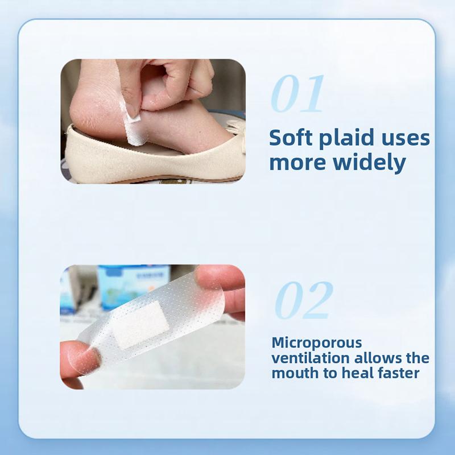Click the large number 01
[x=297, y=93]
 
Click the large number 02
[x=304, y=300]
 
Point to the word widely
[x=369, y=163]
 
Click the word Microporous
[x=317, y=343]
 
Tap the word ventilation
[x=311, y=358]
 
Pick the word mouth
[x=295, y=373]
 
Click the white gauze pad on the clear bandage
[x=140, y=325]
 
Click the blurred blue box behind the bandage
[x=133, y=286]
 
